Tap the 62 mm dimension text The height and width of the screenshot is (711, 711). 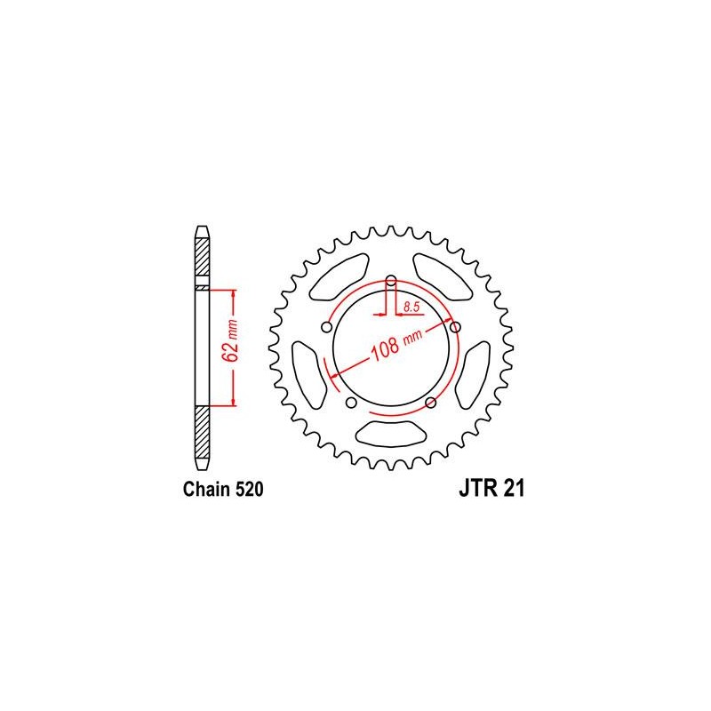point(231,340)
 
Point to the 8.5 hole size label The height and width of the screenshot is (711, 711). point(411,307)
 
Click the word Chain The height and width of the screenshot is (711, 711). point(206,490)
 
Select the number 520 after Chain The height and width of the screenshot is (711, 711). point(249,490)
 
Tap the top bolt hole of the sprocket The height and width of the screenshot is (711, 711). point(391,279)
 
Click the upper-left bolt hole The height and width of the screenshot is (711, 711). point(326,327)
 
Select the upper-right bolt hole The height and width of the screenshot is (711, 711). point(455,327)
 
